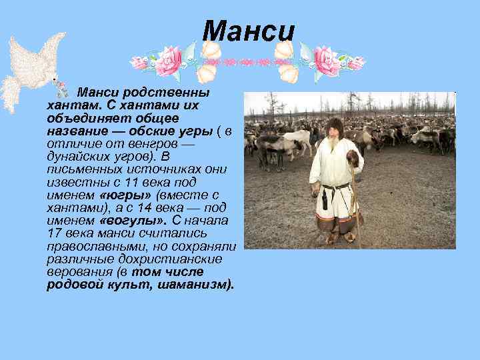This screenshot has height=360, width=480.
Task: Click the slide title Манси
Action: pyautogui.click(x=248, y=31)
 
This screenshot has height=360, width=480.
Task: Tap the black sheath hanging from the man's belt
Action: pyautogui.click(x=325, y=199)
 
